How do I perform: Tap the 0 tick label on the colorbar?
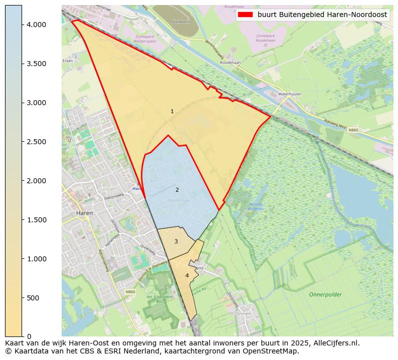30,336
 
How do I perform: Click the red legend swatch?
246,15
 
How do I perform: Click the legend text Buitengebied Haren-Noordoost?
322,15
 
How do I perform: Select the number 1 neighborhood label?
172,111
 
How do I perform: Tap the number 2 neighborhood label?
177,190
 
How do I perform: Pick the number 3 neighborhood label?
176,241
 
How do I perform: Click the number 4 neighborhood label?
187,275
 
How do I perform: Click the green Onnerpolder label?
325,294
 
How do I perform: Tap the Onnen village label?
243,313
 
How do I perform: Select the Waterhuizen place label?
289,94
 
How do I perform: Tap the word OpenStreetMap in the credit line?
273,351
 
